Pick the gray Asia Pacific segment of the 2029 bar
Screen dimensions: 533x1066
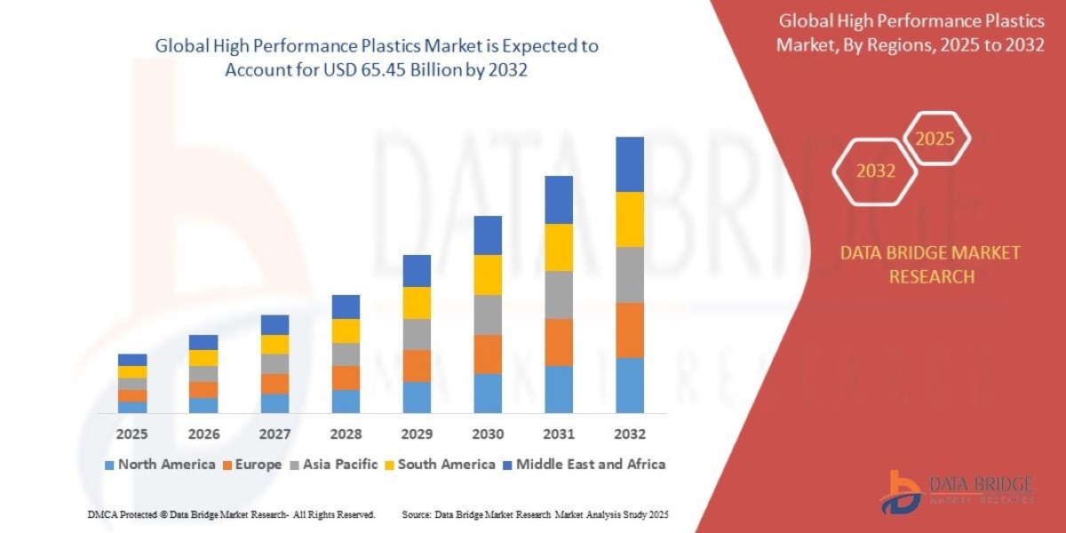pos(417,334)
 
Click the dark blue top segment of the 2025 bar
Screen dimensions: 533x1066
pos(132,360)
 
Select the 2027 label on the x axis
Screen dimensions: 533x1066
pos(274,434)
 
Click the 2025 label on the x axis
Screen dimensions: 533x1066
pos(132,434)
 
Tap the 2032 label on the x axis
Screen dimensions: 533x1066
pos(629,434)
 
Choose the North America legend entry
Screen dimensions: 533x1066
pos(160,465)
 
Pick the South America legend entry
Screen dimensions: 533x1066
pos(439,465)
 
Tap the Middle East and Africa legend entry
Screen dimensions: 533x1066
pos(583,465)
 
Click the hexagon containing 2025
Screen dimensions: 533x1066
pos(935,139)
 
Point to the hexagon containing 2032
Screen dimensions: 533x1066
pos(875,171)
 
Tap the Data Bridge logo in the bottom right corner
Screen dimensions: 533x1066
pos(957,491)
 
